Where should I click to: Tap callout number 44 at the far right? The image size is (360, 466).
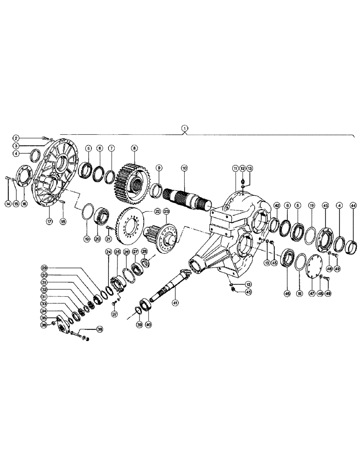[353, 206]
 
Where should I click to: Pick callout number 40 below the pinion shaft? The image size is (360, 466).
[148, 325]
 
